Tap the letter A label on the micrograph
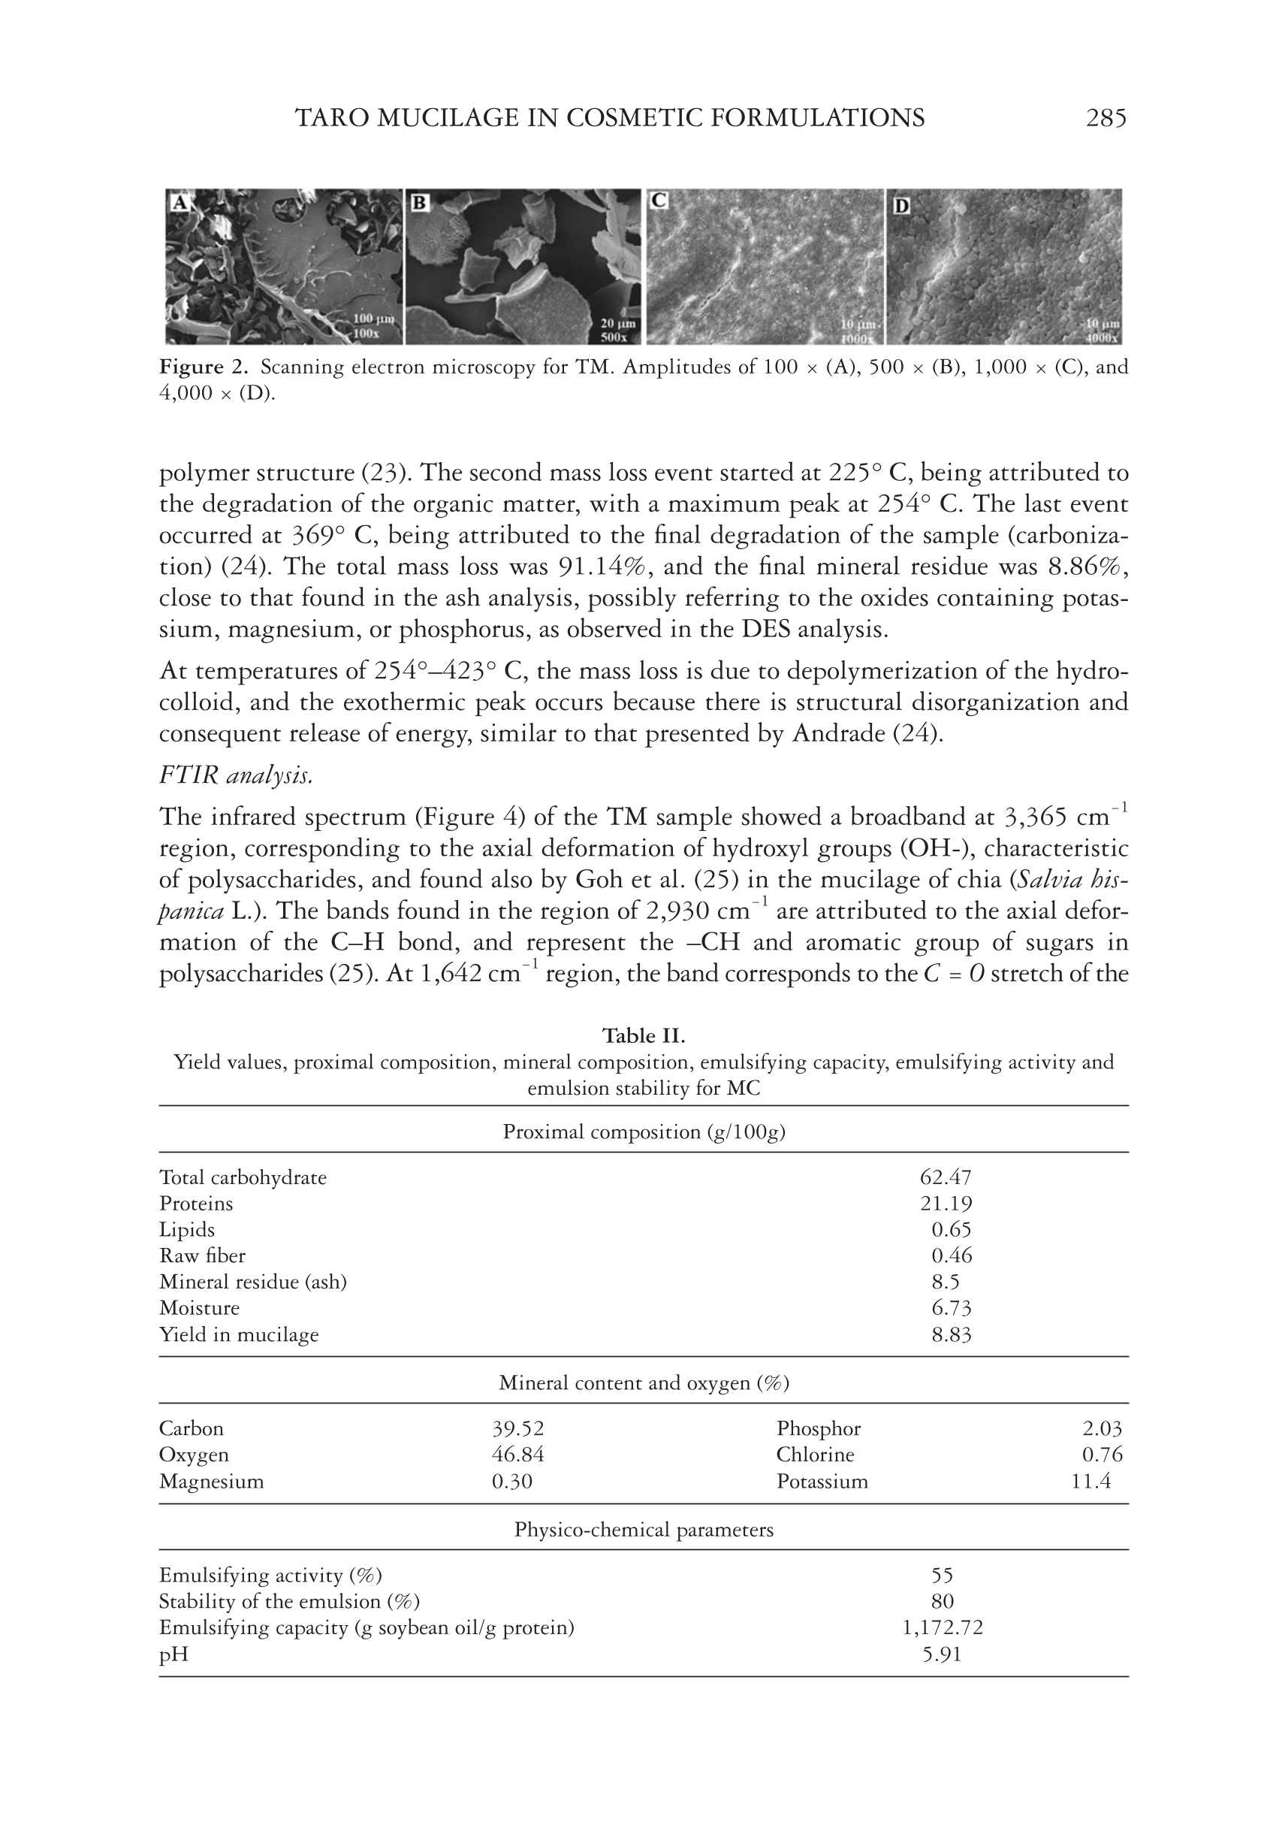pyautogui.click(x=180, y=204)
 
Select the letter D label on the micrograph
pyautogui.click(x=902, y=206)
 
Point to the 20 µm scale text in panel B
pyautogui.click(x=613, y=324)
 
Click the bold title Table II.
pyautogui.click(x=643, y=1036)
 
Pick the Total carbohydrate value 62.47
pyautogui.click(x=946, y=1177)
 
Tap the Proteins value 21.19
pyautogui.click(x=946, y=1204)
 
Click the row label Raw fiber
pyautogui.click(x=203, y=1256)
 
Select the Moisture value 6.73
pyautogui.click(x=951, y=1308)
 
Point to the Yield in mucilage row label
pyautogui.click(x=239, y=1334)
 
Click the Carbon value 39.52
pyautogui.click(x=518, y=1428)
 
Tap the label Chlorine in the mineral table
pyautogui.click(x=816, y=1455)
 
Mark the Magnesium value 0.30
pyautogui.click(x=512, y=1482)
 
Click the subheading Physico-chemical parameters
pyautogui.click(x=643, y=1530)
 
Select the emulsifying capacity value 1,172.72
pyautogui.click(x=943, y=1627)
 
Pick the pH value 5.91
pyautogui.click(x=943, y=1654)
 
